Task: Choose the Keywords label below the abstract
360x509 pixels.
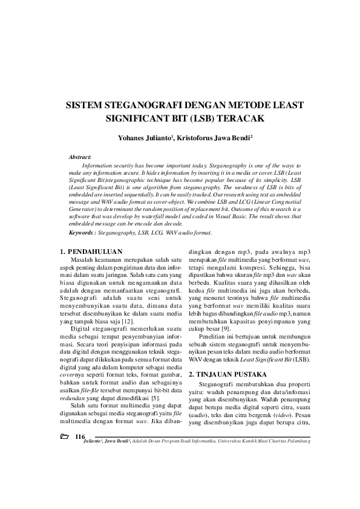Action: pyautogui.click(x=83, y=233)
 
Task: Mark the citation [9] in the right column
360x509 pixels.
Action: pyautogui.click(x=226, y=329)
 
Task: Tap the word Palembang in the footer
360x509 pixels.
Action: pyautogui.click(x=296, y=441)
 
